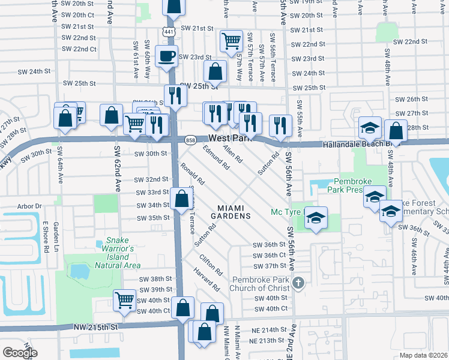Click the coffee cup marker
pyautogui.click(x=166, y=57)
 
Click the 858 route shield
pyautogui.click(x=190, y=139)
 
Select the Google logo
pyautogui.click(x=20, y=352)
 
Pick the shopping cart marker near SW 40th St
pyautogui.click(x=124, y=299)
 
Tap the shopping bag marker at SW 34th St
pyautogui.click(x=181, y=199)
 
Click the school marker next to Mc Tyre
pyautogui.click(x=315, y=218)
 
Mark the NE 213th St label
pyautogui.click(x=264, y=341)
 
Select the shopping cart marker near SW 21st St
pyautogui.click(x=231, y=41)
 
